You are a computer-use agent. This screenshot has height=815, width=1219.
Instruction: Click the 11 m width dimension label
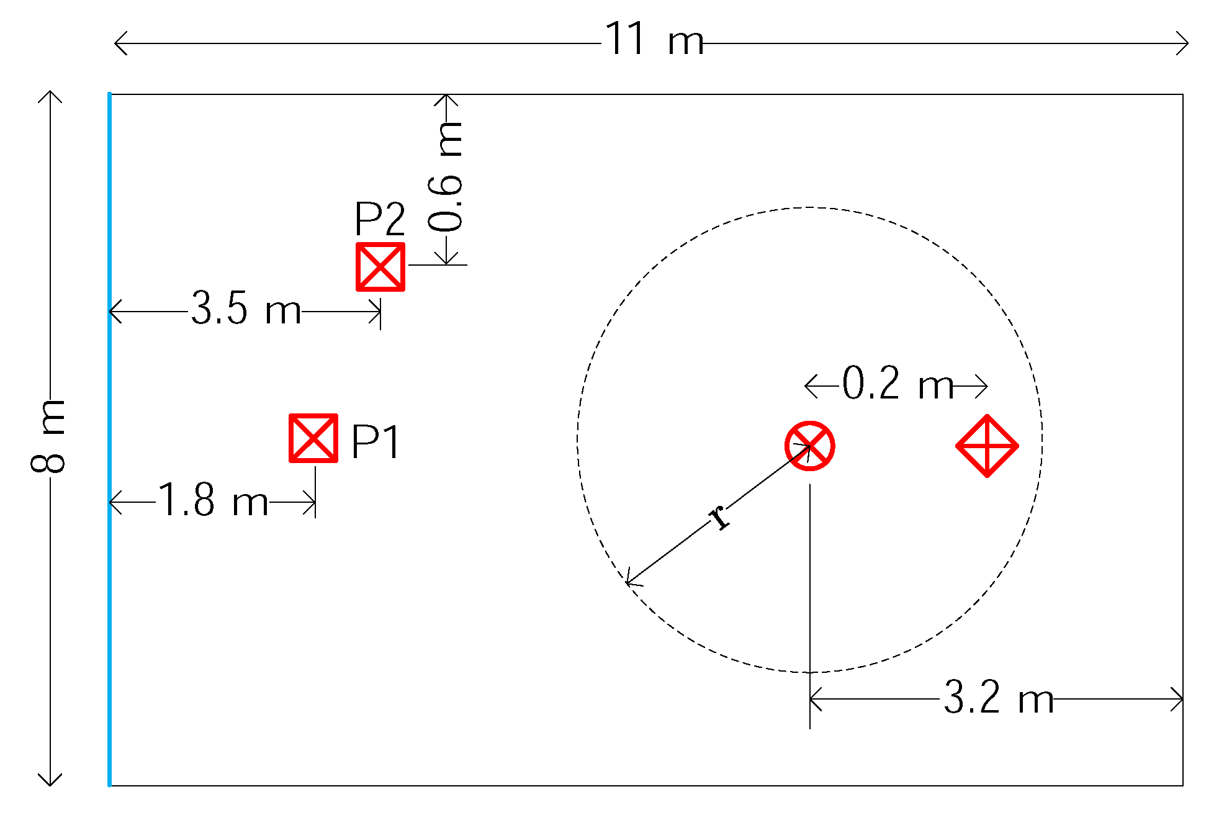[654, 40]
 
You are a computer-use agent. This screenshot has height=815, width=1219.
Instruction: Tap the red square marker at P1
[313, 438]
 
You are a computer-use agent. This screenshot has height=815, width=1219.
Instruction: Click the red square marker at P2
[380, 267]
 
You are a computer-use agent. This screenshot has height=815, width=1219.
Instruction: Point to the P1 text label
[376, 442]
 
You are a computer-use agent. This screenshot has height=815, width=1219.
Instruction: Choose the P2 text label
[379, 219]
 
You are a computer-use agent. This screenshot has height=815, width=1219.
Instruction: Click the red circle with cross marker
[809, 446]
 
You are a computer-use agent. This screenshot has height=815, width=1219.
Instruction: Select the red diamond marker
[987, 446]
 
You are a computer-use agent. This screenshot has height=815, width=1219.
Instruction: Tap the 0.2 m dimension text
[897, 384]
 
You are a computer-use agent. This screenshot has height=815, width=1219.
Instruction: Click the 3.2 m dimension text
[999, 698]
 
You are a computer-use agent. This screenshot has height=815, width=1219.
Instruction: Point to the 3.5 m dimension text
[246, 308]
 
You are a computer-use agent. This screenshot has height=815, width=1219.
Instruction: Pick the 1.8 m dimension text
[213, 500]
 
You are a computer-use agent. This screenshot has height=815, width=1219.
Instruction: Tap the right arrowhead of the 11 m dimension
[1185, 43]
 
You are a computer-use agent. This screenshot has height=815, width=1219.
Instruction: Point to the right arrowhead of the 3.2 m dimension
[1179, 699]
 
